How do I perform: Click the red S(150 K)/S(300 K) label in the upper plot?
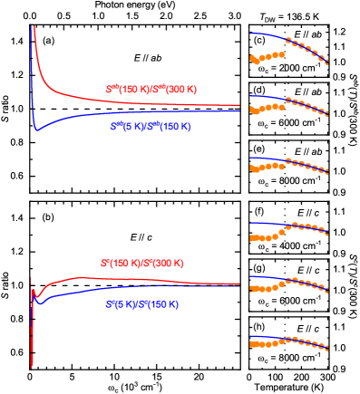tap(151, 90)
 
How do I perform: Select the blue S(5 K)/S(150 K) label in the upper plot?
tap(151, 128)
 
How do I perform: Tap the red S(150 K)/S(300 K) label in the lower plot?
tap(143, 263)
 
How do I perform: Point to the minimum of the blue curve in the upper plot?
tap(36, 130)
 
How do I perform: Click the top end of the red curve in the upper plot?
tap(34, 26)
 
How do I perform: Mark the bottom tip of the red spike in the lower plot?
tap(32, 367)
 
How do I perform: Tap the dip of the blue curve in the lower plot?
tap(39, 304)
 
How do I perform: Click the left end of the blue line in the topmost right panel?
tap(251, 34)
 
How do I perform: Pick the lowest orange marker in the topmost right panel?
tap(256, 63)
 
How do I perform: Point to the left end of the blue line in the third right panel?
tap(251, 159)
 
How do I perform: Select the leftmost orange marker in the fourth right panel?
tap(252, 239)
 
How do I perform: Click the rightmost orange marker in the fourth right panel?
tap(326, 235)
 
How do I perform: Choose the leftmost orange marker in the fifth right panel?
tap(252, 291)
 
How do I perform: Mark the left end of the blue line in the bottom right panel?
tap(251, 337)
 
